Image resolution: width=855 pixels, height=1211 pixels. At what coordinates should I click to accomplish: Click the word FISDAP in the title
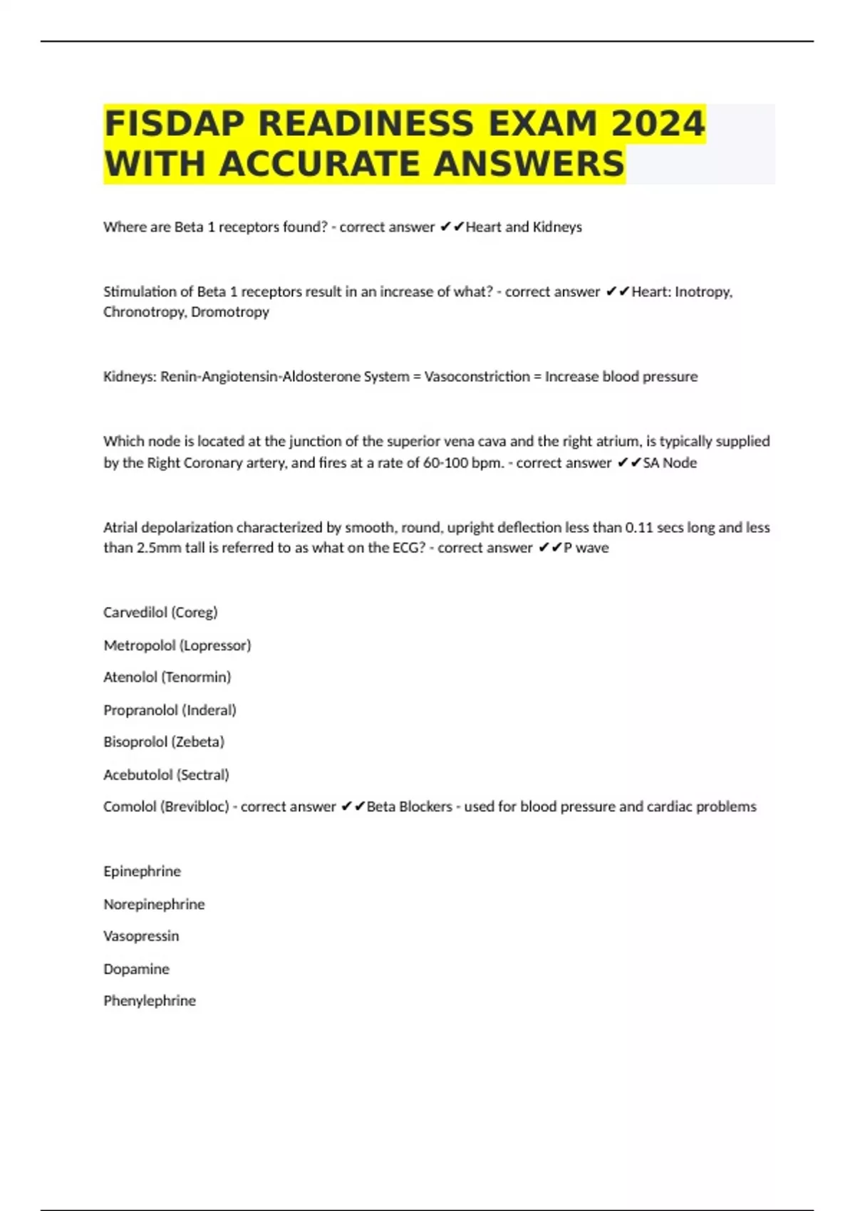tap(175, 124)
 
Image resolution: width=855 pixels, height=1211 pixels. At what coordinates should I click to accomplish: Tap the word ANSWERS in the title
tap(528, 164)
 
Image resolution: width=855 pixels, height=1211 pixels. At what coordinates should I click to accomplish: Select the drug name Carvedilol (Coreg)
tap(160, 613)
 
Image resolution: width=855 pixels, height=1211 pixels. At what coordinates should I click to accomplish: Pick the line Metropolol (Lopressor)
tap(177, 645)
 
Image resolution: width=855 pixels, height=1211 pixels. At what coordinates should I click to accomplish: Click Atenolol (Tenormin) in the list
tap(167, 677)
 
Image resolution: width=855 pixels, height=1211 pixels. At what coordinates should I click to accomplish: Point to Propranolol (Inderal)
tap(170, 710)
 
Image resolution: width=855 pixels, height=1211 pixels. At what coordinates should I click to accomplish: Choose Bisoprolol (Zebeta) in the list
tap(164, 742)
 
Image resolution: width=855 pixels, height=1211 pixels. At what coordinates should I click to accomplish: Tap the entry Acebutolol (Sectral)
tap(166, 775)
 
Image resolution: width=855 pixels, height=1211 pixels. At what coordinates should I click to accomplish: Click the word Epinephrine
tap(142, 872)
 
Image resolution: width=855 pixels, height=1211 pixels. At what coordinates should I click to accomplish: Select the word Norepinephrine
tap(154, 905)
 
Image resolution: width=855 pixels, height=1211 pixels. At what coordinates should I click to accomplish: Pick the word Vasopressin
tap(141, 937)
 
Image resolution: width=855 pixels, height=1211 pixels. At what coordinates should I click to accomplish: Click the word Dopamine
tap(136, 970)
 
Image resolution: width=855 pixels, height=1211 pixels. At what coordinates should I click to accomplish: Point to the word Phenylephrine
tap(149, 1002)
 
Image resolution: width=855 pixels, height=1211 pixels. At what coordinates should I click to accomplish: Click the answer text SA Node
tap(670, 463)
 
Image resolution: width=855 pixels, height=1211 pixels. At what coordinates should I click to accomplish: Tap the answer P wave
tap(586, 548)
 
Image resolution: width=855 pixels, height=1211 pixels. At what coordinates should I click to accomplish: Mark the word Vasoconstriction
tap(477, 377)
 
